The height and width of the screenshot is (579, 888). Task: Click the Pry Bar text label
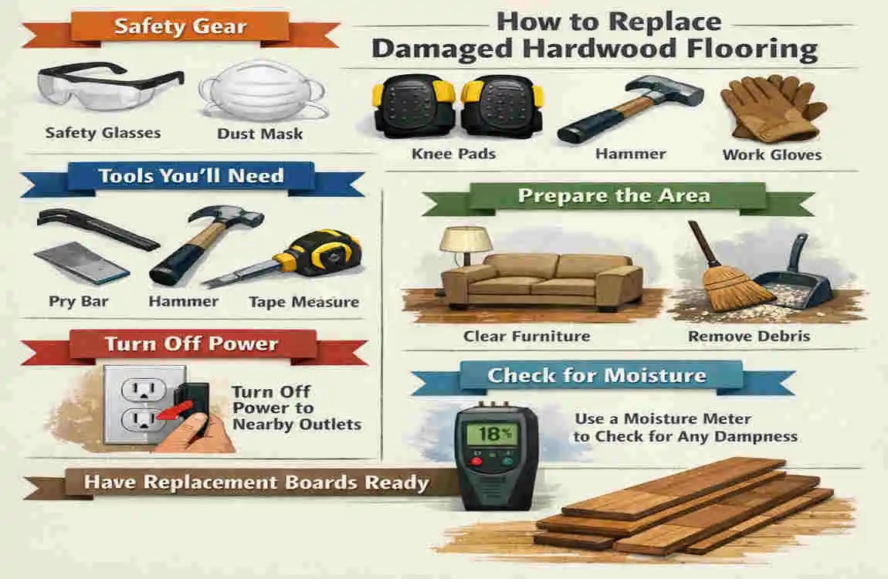click(79, 301)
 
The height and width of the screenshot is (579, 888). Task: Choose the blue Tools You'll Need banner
click(192, 177)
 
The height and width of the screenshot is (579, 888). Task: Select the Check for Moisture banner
click(596, 376)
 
